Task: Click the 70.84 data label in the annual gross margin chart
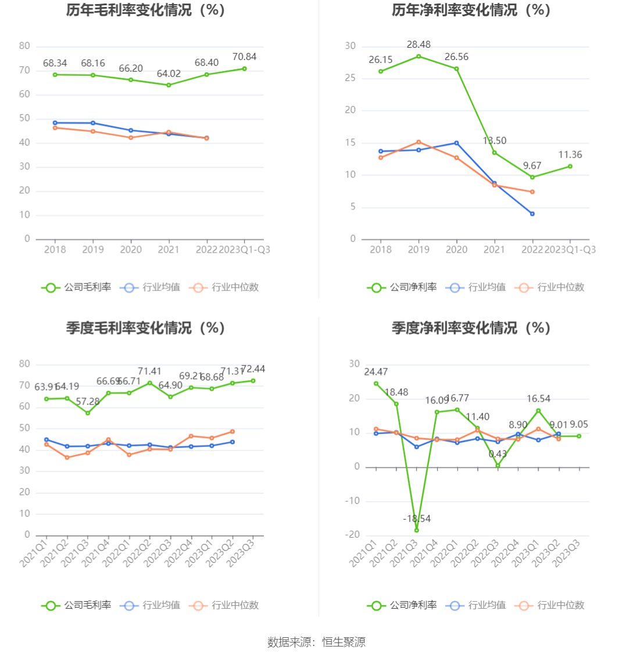(x=244, y=56)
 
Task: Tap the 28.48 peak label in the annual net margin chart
(x=419, y=44)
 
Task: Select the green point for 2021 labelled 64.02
(x=169, y=85)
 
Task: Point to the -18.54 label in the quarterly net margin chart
(x=417, y=519)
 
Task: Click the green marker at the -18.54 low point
(x=417, y=530)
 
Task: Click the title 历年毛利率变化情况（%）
(x=145, y=10)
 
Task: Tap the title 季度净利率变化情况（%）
(x=471, y=328)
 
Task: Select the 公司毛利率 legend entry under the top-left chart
(x=76, y=287)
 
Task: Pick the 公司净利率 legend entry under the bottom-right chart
(x=402, y=605)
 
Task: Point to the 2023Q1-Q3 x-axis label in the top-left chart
(x=244, y=250)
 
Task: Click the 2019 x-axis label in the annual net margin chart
(x=419, y=250)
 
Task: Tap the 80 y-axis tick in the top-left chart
(x=24, y=46)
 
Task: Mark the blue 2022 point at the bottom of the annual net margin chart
(x=532, y=214)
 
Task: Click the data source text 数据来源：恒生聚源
(x=316, y=642)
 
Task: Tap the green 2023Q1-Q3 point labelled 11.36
(x=570, y=166)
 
